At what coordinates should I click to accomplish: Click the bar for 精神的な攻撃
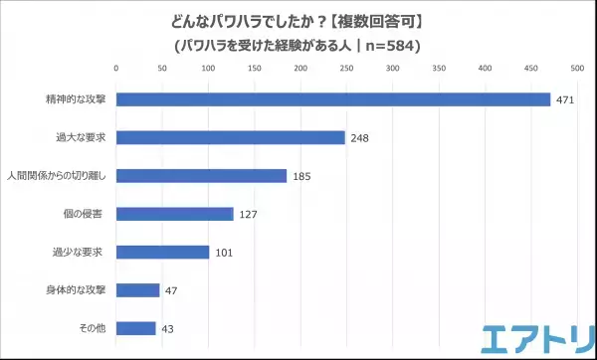333,99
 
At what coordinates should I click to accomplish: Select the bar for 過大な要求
231,137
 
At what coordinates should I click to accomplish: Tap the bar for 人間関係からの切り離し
202,175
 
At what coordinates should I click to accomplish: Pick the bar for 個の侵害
175,214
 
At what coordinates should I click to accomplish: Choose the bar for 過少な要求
163,252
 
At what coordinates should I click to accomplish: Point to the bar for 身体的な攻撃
138,290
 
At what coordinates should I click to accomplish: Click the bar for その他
136,328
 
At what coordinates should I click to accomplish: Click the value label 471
566,99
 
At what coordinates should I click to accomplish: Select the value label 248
360,138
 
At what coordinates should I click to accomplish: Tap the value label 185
301,176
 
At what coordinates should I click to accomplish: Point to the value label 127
249,214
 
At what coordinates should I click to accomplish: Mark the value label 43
169,328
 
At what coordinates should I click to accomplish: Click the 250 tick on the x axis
347,69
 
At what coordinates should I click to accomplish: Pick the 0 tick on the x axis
116,69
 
